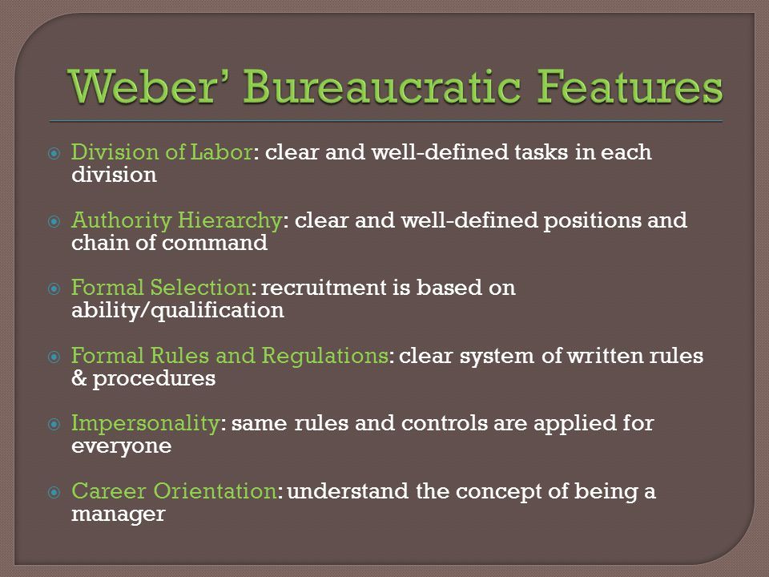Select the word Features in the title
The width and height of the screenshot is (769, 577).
630,86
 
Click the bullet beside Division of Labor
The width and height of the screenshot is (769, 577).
54,154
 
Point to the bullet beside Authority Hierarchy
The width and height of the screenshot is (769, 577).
54,221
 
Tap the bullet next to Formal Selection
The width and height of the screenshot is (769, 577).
54,288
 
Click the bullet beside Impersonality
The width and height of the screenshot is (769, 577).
54,424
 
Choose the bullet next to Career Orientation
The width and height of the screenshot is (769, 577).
54,491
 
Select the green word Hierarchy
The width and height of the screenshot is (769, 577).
229,221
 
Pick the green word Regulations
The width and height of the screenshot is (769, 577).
324,356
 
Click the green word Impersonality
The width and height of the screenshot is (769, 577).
145,424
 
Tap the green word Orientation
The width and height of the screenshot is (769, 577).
215,491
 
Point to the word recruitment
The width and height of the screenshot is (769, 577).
324,288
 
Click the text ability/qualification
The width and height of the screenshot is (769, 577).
178,311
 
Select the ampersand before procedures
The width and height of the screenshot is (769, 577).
79,378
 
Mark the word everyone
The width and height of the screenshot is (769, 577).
122,447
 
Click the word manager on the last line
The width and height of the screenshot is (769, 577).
119,515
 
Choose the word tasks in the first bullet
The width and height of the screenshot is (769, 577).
542,152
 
